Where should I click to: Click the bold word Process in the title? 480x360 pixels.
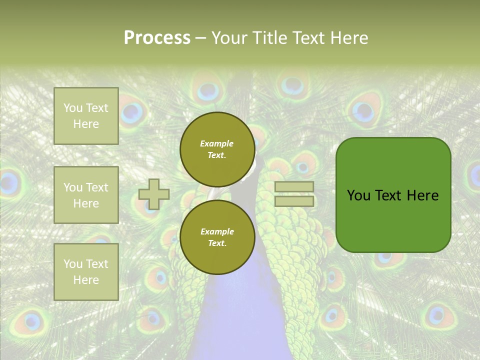click(x=157, y=38)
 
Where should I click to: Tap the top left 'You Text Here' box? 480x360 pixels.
click(x=86, y=116)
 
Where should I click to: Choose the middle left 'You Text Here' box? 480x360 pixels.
click(x=86, y=195)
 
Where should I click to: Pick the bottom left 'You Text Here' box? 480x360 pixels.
click(x=86, y=271)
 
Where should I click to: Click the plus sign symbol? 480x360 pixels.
click(x=154, y=194)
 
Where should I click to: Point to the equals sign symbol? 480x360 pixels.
click(x=294, y=194)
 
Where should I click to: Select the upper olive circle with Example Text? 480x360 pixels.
click(x=217, y=149)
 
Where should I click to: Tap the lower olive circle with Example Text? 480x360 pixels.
click(x=217, y=237)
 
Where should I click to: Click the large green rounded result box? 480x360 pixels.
click(x=393, y=195)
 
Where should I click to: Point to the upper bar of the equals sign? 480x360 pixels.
click(x=294, y=187)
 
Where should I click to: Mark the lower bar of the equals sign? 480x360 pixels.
click(x=294, y=201)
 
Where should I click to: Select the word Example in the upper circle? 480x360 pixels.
click(x=217, y=143)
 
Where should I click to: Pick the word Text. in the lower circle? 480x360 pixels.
click(x=217, y=243)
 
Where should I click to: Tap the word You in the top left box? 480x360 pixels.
click(x=73, y=108)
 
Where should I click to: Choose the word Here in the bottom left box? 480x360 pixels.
click(x=86, y=280)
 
